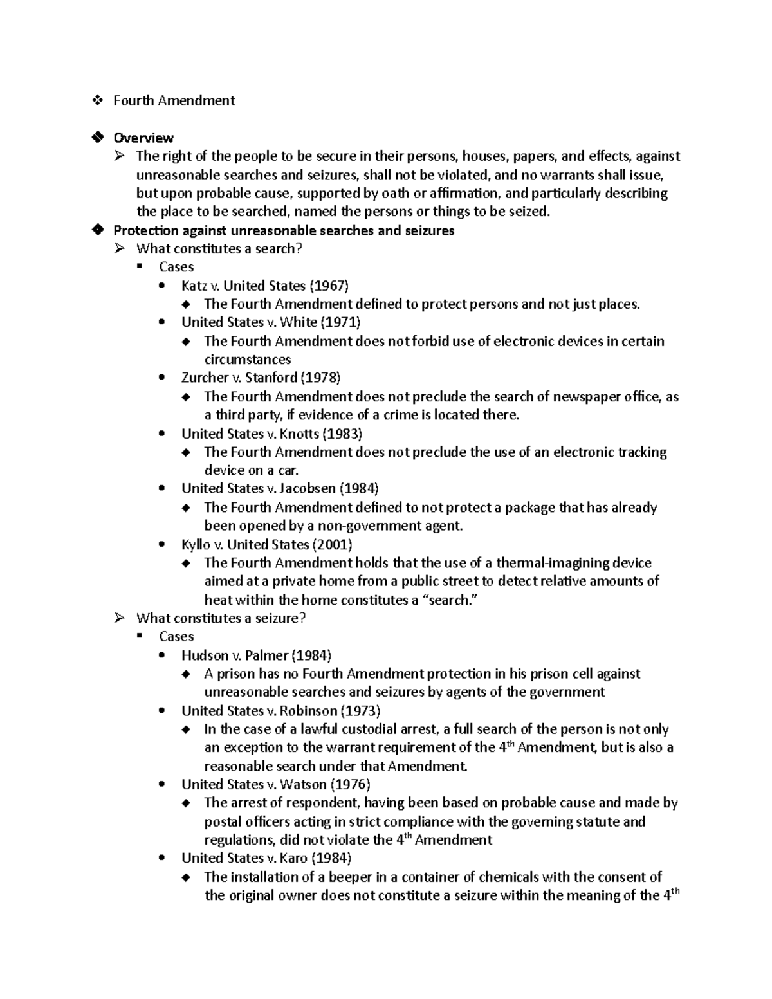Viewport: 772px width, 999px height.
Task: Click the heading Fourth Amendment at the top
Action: tap(174, 100)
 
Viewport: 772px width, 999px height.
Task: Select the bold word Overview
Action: tap(143, 138)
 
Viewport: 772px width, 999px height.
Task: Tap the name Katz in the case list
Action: tap(194, 286)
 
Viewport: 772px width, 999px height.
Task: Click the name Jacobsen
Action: tap(308, 489)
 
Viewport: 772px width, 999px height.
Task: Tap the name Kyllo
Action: tap(196, 545)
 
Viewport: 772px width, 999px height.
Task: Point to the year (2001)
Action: tap(332, 545)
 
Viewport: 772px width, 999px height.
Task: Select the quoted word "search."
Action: tap(454, 600)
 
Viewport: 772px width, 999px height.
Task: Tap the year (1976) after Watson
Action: tap(350, 785)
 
